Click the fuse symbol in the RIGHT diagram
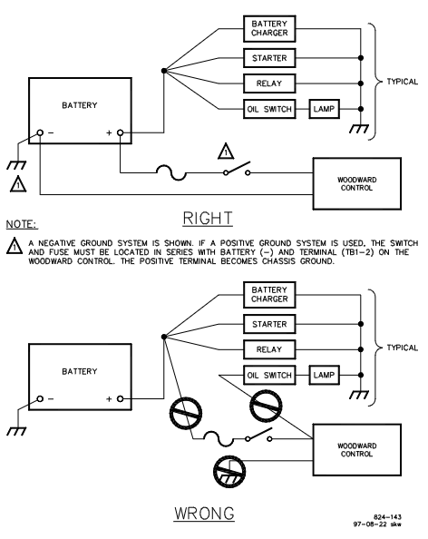pos(171,171)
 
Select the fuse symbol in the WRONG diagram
pos(219,437)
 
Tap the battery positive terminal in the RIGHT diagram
pos(120,132)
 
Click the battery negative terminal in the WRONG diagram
pos(40,398)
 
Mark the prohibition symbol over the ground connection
pos(229,471)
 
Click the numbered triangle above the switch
pos(226,152)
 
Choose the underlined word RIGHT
pos(208,219)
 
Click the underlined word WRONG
pos(204,514)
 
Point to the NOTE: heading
pos(22,224)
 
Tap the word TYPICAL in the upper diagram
pos(403,82)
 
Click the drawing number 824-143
pos(387,517)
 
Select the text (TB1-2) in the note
pos(357,252)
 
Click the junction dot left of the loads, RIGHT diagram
pos(164,71)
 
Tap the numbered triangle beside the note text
pos(15,246)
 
